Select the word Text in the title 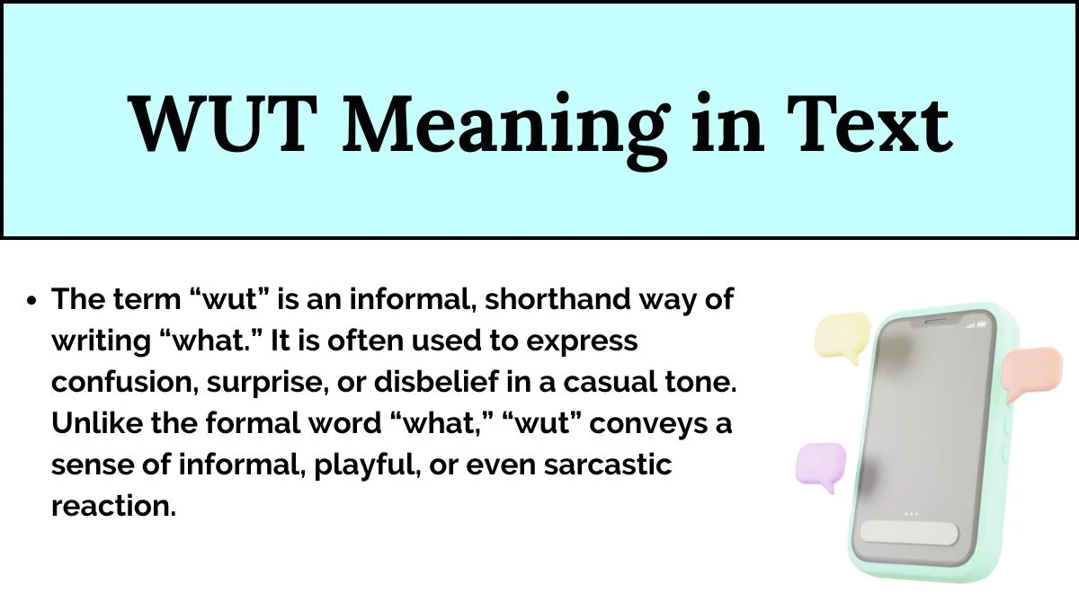pos(869,124)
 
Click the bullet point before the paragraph pos(32,301)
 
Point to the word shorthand pos(557,299)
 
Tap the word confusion pos(125,383)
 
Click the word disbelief pos(436,382)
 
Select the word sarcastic pos(608,465)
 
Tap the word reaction pos(113,506)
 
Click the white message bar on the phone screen pos(909,533)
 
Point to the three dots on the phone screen pos(911,514)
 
